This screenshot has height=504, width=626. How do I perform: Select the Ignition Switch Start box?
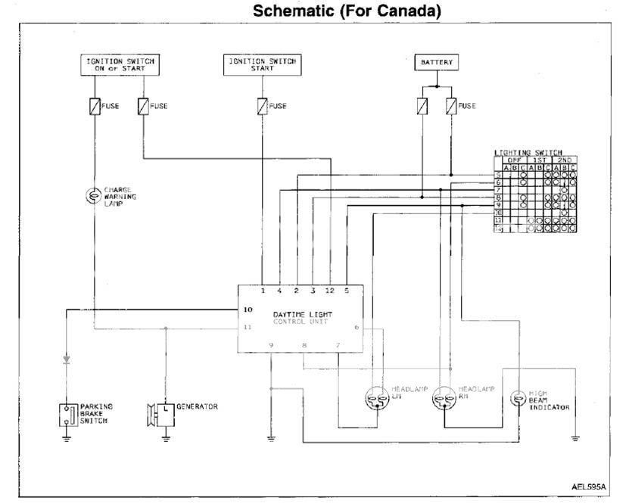(x=261, y=65)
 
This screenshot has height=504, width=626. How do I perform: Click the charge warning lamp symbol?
(x=95, y=196)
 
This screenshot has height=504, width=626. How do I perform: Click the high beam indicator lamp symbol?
(x=518, y=399)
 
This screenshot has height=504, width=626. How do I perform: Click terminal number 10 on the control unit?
(x=247, y=310)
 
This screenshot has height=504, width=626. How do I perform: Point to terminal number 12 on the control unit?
(x=329, y=291)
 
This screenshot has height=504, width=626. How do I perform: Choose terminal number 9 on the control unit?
(x=271, y=345)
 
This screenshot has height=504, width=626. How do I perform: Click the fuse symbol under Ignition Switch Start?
(x=261, y=106)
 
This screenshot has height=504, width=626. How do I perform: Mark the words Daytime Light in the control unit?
(x=302, y=314)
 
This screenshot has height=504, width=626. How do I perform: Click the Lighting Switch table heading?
(x=533, y=153)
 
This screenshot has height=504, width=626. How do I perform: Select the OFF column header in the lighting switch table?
(x=516, y=160)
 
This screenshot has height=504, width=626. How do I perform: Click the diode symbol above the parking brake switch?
(x=67, y=358)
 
